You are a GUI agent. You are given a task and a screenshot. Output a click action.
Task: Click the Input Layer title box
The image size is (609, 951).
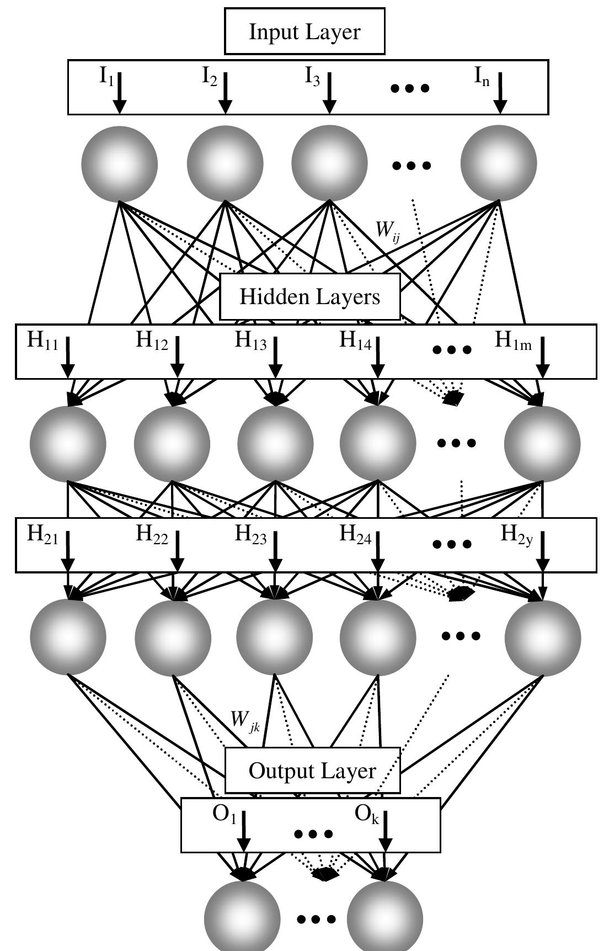(304, 31)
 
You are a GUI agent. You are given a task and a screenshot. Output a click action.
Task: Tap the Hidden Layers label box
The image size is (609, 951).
(309, 297)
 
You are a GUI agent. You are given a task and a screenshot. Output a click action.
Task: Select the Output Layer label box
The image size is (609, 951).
(312, 771)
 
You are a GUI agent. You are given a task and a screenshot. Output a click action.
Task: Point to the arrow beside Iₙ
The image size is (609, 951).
(500, 92)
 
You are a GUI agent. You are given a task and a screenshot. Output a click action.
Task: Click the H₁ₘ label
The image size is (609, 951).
(513, 341)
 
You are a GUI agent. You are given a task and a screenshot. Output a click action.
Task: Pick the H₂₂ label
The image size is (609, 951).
(152, 534)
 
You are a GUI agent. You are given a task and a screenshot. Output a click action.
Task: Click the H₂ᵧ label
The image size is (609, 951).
(516, 534)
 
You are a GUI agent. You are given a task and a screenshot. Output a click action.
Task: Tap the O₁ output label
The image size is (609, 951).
(224, 815)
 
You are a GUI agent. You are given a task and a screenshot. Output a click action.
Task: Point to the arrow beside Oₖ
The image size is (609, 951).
(385, 831)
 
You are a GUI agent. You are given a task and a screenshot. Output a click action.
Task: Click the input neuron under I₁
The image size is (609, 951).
(119, 164)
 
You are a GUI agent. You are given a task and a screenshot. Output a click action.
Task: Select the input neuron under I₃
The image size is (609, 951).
(329, 164)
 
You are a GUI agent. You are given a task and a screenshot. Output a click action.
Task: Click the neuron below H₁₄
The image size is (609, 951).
(378, 443)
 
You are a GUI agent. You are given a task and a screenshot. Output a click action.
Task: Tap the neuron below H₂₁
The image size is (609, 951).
(68, 636)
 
